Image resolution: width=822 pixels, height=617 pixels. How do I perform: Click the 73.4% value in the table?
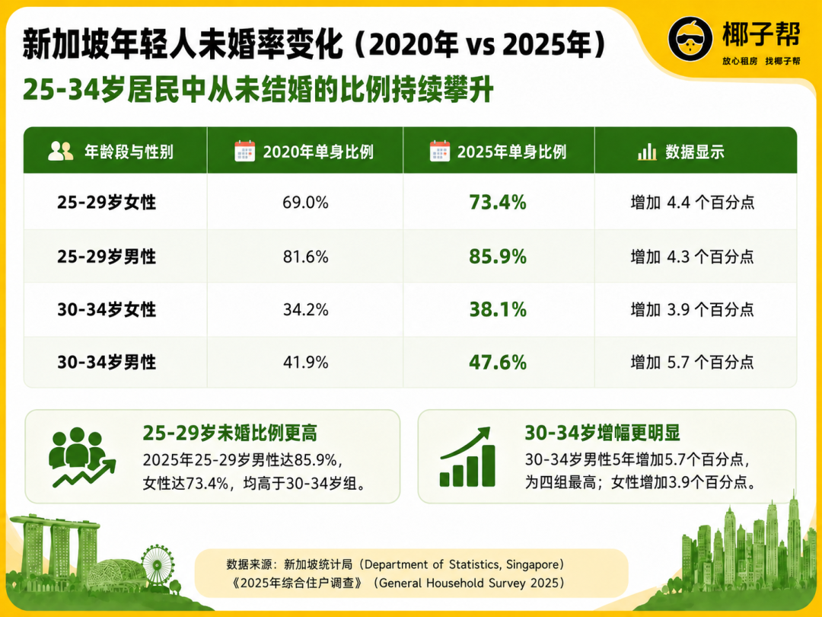tap(498, 202)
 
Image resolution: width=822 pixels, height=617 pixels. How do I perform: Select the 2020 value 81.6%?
tap(306, 257)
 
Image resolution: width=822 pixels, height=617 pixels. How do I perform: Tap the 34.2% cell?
tap(306, 309)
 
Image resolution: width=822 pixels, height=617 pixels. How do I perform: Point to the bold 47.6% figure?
tap(498, 362)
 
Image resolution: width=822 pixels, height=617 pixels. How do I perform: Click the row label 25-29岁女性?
tap(107, 202)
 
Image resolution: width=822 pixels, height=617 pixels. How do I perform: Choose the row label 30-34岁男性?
tap(107, 362)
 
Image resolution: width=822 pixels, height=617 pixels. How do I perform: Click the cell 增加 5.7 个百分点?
tap(692, 362)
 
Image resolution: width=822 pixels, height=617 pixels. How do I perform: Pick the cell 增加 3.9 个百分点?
tap(692, 309)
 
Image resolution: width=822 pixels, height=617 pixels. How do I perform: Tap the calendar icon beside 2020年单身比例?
tap(244, 151)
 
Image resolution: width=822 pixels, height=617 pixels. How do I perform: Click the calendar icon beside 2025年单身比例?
tap(439, 151)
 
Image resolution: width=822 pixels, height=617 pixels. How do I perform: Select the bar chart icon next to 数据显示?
tap(647, 152)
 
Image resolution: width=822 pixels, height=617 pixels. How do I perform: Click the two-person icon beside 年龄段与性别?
tap(60, 151)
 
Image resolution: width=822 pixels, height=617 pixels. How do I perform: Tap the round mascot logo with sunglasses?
tap(690, 38)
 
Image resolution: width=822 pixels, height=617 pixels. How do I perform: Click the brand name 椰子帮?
tap(761, 35)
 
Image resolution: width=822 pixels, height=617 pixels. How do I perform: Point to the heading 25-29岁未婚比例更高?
tap(230, 433)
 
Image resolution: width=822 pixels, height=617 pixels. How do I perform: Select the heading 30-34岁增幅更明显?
tap(602, 433)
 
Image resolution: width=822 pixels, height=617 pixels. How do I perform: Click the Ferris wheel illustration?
tap(158, 564)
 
